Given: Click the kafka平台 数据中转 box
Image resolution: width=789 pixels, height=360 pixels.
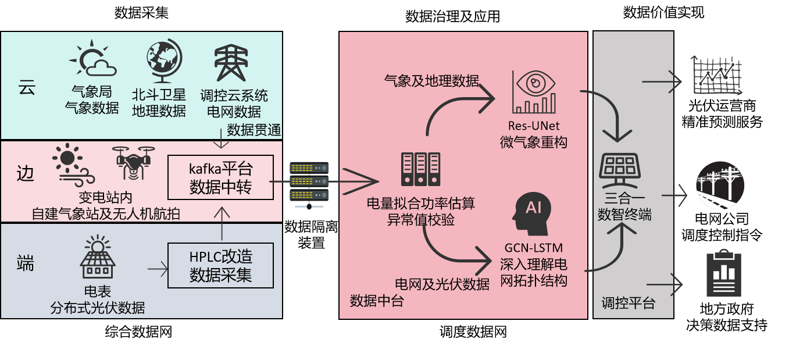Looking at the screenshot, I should point(220,177).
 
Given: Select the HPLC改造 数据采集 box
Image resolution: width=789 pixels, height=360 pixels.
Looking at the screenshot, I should point(220,265).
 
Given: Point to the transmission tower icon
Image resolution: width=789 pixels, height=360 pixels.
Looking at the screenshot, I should point(231,63).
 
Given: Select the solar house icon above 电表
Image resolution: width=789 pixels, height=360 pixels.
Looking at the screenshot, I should point(97,256).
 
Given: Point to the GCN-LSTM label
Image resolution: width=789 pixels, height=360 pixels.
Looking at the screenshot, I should point(533,248).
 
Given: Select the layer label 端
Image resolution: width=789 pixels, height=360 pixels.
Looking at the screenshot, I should point(26,264).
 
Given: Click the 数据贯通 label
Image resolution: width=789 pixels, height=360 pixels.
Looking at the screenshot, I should point(254,130).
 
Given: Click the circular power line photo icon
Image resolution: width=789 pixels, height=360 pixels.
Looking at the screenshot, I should point(720,186).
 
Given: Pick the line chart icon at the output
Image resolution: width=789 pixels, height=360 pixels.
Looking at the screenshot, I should point(716,76).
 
